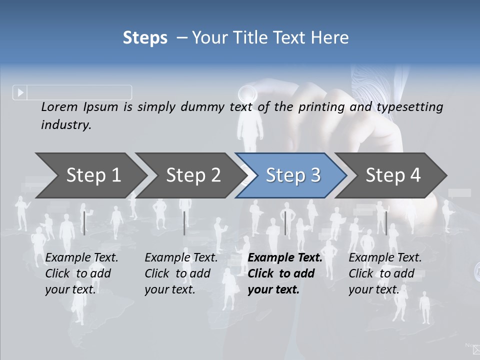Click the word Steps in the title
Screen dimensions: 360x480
point(145,38)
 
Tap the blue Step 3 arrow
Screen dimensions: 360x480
point(293,175)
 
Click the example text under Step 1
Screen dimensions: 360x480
point(81,273)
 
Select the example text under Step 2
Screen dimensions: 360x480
point(181,273)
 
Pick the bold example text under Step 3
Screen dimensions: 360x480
point(285,273)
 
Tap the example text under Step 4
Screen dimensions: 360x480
point(385,273)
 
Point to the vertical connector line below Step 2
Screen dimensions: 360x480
point(184,223)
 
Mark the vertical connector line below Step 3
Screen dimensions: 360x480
point(285,223)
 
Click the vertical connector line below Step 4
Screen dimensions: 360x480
point(386,223)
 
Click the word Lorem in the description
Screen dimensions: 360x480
point(59,106)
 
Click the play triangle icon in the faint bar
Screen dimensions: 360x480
point(20,92)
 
